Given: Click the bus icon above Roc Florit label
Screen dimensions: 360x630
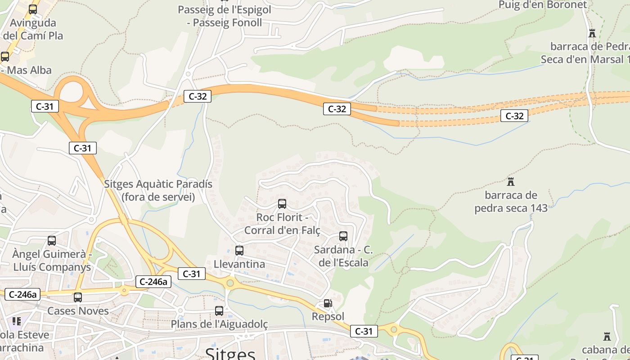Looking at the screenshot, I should tap(282, 204).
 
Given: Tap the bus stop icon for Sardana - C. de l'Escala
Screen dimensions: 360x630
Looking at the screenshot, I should tap(343, 236).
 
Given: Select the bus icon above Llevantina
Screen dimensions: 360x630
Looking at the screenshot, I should tap(239, 251).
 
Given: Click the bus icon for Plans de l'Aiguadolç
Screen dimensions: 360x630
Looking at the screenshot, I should tap(219, 311).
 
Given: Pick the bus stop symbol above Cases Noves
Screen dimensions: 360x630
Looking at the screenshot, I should tap(78, 297).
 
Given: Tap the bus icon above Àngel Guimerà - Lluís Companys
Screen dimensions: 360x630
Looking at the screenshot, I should tap(52, 241).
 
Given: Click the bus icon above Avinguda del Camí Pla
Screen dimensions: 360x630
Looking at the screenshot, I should tap(33, 9).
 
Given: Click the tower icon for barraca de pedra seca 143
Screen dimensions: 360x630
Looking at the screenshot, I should tap(511, 182).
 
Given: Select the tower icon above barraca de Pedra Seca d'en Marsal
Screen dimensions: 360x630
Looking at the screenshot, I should tap(592, 33).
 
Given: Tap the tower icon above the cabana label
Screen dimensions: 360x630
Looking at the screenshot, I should tap(607, 337).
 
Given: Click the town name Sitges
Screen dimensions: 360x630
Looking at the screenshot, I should tap(230, 353).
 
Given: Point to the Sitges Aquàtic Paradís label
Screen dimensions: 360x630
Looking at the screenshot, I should tap(158, 190).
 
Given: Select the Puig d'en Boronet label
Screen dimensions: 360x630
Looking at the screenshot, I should tap(543, 5).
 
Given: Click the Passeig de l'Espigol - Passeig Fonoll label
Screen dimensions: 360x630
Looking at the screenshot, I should tap(225, 16).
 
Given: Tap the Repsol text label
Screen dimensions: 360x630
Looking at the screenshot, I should tap(328, 317).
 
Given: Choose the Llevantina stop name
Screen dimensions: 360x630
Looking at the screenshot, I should tap(239, 264).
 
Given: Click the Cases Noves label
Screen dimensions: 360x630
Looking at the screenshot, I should tap(78, 311).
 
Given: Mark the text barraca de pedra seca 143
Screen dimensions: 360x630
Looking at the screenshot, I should tap(511, 202).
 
